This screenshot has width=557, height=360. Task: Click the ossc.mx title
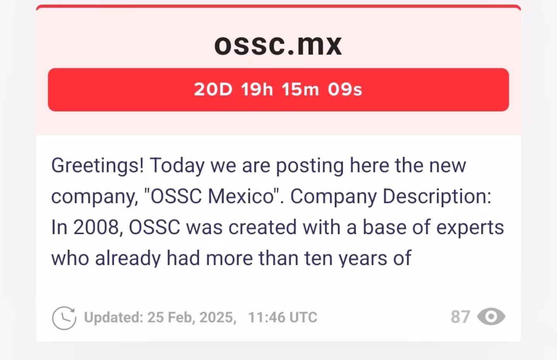278,45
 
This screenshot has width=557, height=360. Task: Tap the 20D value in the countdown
213,89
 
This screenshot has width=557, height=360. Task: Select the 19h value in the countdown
257,89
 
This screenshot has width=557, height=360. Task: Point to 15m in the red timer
300,89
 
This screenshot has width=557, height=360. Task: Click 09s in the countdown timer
345,89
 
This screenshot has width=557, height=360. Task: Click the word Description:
437,197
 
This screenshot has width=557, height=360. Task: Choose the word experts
470,228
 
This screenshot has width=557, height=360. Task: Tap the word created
262,227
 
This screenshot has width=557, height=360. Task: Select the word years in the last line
363,259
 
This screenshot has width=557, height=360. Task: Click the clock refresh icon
64,318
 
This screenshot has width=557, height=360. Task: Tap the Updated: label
114,317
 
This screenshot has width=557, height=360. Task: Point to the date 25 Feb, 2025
192,317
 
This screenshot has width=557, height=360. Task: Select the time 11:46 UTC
283,317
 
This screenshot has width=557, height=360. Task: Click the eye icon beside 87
491,317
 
